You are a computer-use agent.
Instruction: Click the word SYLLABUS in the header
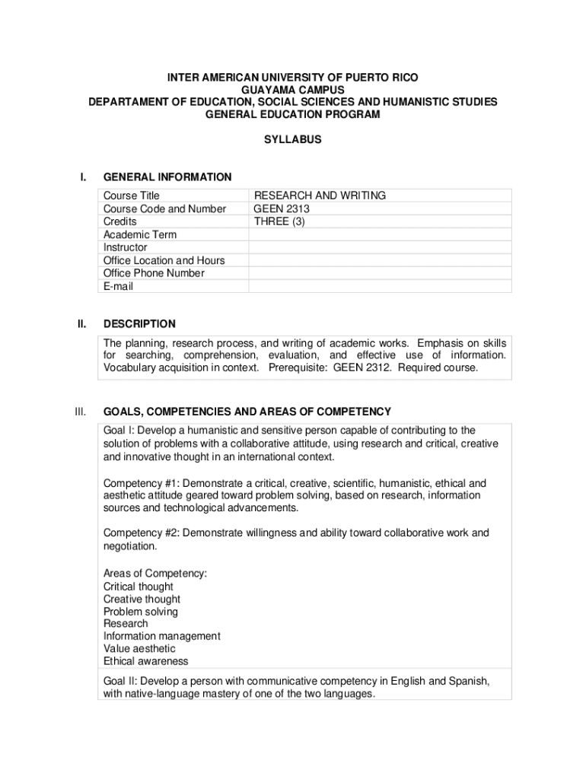[x=293, y=140]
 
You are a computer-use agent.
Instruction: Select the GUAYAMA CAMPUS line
[x=293, y=90]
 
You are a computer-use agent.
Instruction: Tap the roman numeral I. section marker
[x=82, y=177]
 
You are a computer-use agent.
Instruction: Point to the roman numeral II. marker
[x=81, y=324]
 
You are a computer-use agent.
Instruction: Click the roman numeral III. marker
[x=81, y=412]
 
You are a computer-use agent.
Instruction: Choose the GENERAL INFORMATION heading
[x=167, y=177]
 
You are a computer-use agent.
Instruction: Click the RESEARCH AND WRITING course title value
[x=320, y=196]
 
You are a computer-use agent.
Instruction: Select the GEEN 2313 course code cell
[x=282, y=209]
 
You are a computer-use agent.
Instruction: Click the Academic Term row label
[x=140, y=235]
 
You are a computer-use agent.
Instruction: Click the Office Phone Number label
[x=154, y=274]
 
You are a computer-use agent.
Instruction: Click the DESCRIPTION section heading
[x=139, y=324]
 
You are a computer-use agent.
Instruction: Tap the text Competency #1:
[x=141, y=484]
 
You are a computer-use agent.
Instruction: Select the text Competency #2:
[x=141, y=533]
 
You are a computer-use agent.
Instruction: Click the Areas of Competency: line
[x=155, y=574]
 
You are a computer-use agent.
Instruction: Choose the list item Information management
[x=161, y=636]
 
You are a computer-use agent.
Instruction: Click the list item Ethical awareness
[x=145, y=661]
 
